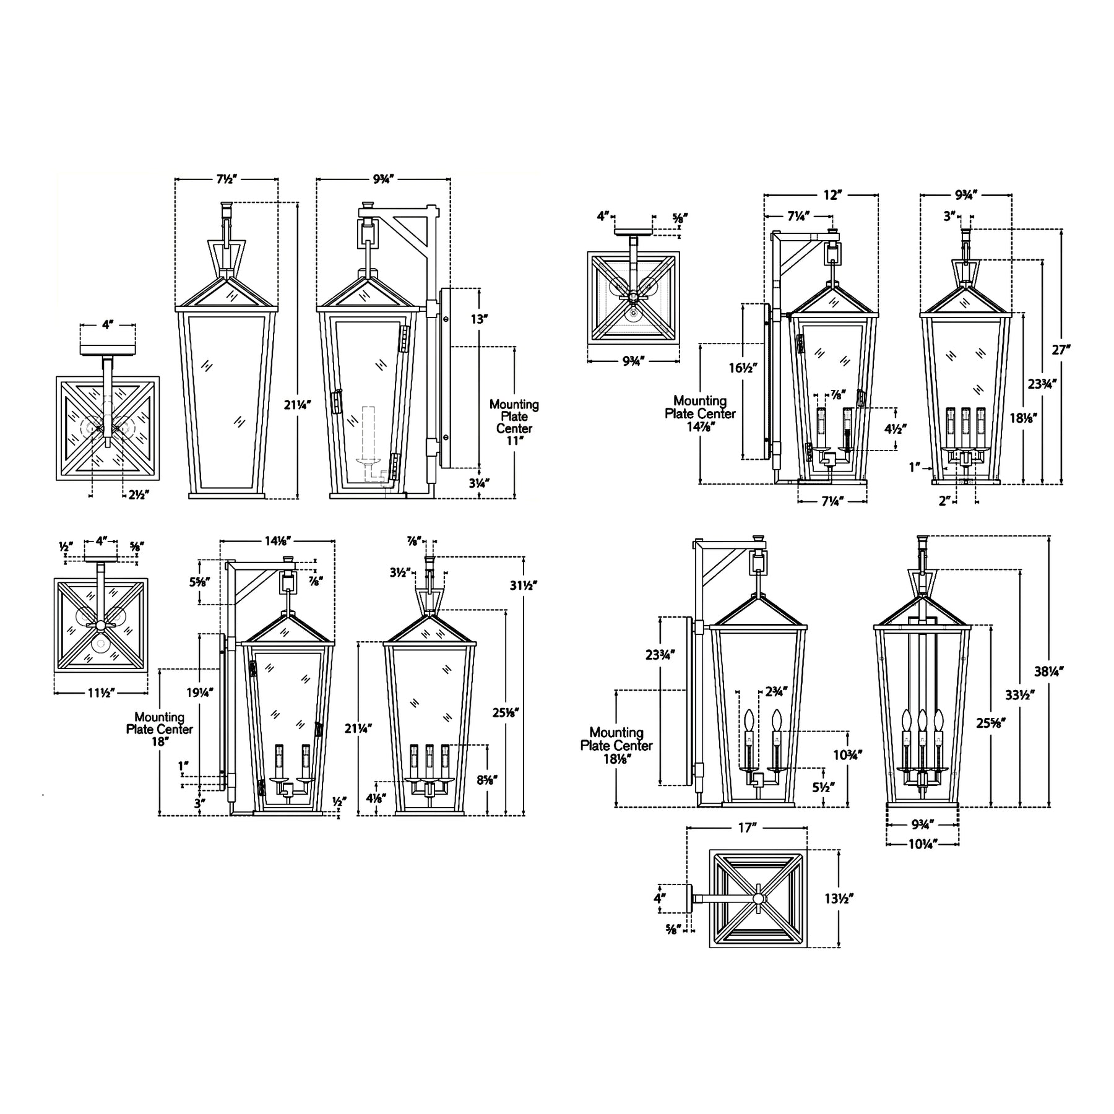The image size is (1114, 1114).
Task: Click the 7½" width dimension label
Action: [x=227, y=179]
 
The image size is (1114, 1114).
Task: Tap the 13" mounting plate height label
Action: [x=480, y=319]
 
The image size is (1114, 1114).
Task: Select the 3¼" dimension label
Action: [x=479, y=483]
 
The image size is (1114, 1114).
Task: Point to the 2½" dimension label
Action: [x=139, y=494]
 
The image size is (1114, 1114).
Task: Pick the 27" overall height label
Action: [x=1061, y=350]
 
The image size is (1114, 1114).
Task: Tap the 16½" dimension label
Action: [x=743, y=368]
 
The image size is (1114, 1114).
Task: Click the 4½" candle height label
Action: [x=896, y=428]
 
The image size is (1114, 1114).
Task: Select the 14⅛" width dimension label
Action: [x=278, y=541]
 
